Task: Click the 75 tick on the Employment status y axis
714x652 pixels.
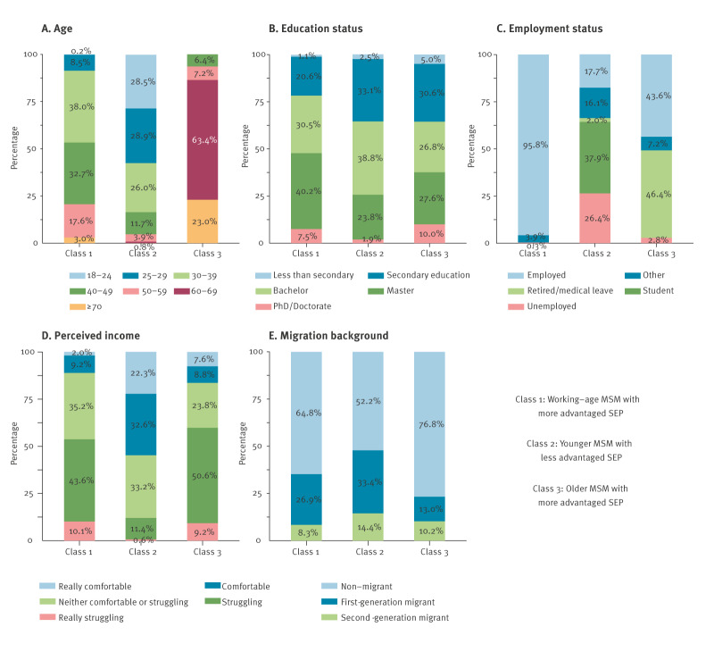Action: click(487, 101)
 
